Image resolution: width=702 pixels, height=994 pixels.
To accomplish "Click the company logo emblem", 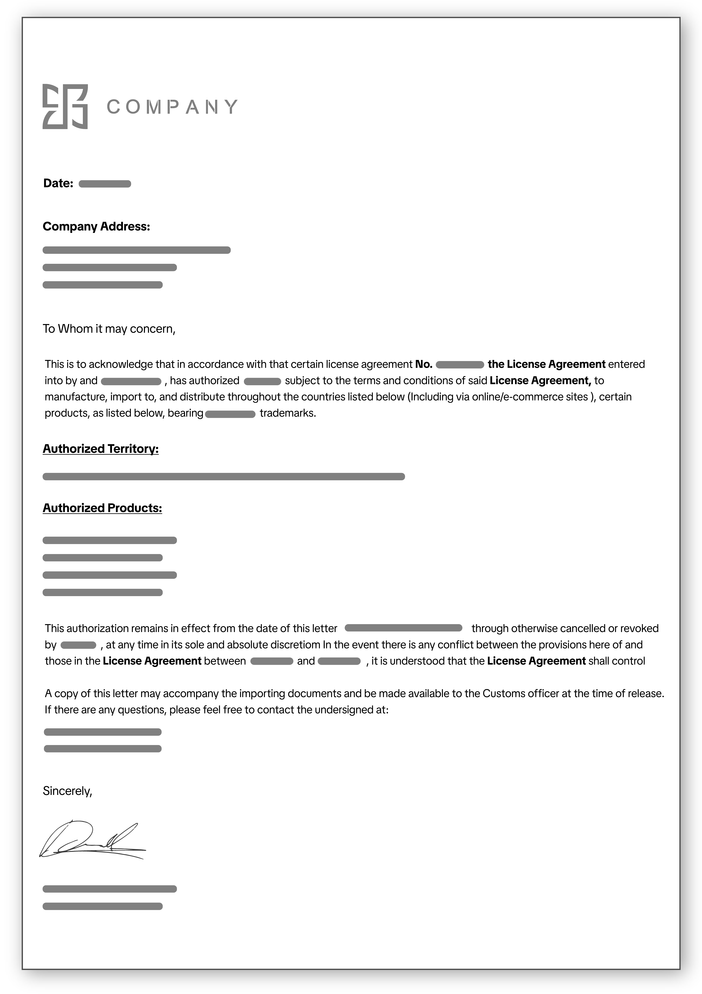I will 65,106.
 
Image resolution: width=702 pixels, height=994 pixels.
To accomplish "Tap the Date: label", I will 58,183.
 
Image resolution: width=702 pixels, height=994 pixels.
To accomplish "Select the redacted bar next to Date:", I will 105,184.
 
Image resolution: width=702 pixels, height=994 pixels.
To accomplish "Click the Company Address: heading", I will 96,226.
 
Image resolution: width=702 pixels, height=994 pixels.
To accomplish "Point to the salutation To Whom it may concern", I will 109,329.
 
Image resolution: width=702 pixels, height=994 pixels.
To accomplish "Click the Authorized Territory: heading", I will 100,449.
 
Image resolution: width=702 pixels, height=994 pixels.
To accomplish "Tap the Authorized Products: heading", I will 102,508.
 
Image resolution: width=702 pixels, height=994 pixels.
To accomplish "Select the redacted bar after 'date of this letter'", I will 403,628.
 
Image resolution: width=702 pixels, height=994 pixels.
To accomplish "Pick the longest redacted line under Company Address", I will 136,250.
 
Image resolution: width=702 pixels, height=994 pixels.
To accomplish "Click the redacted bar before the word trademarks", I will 230,414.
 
